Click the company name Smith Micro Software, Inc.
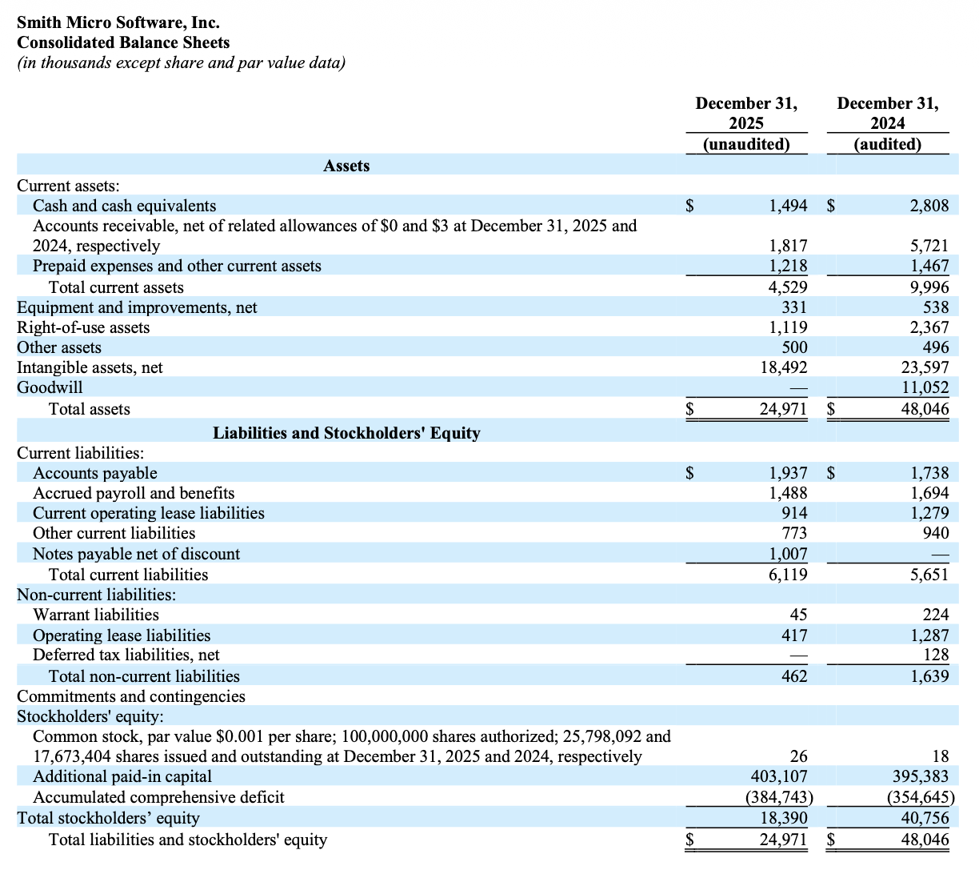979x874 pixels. click(x=118, y=22)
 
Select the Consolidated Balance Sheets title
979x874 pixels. click(x=123, y=42)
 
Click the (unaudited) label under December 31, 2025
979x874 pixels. click(x=746, y=144)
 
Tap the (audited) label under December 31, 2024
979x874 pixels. click(x=888, y=144)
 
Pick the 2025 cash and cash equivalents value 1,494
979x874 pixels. click(x=788, y=206)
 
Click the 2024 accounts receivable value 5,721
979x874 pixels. click(x=929, y=246)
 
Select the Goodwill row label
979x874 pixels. click(x=50, y=387)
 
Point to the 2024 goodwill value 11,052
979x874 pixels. click(x=925, y=387)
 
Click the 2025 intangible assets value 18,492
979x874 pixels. click(x=784, y=367)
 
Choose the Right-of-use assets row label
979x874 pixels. click(x=83, y=327)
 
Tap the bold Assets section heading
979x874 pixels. click(x=346, y=166)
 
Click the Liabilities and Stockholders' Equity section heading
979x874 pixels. click(x=346, y=433)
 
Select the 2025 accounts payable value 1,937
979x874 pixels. click(x=788, y=473)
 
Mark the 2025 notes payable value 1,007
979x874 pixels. click(x=788, y=554)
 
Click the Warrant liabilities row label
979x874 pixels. click(x=96, y=615)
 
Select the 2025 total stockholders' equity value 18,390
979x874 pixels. click(x=784, y=818)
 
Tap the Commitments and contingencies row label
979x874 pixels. click(x=131, y=696)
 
